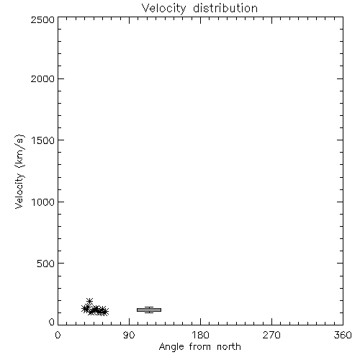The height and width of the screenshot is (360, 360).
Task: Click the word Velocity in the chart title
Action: pyautogui.click(x=163, y=9)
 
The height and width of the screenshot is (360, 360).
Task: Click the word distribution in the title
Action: pyautogui.click(x=225, y=8)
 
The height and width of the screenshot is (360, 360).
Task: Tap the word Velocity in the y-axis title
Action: pyautogui.click(x=19, y=191)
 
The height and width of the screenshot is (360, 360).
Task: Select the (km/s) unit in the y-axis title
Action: pyautogui.click(x=19, y=151)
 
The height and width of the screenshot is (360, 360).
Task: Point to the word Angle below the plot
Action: pyautogui.click(x=171, y=347)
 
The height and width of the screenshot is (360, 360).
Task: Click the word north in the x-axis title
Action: pyautogui.click(x=229, y=346)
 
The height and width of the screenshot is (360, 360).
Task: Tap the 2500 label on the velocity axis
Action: pyautogui.click(x=42, y=19)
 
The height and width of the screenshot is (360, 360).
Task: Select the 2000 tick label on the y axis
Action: pyautogui.click(x=42, y=78)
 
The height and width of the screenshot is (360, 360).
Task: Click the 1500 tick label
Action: pyautogui.click(x=43, y=140)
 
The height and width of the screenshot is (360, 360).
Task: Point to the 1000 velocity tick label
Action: pyautogui.click(x=43, y=202)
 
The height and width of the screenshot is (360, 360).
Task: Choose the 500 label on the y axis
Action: pyautogui.click(x=46, y=264)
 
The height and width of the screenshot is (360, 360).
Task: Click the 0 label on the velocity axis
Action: pyautogui.click(x=52, y=322)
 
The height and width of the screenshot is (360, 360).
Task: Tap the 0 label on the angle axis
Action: pyautogui.click(x=58, y=335)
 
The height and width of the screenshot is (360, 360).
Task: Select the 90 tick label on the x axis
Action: pyautogui.click(x=129, y=335)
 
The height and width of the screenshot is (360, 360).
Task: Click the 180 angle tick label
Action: pyautogui.click(x=200, y=335)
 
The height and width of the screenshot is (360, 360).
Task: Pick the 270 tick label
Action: pyautogui.click(x=271, y=335)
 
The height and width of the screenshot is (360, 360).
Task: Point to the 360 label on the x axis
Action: pyautogui.click(x=343, y=335)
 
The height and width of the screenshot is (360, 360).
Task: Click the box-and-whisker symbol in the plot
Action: pyautogui.click(x=149, y=310)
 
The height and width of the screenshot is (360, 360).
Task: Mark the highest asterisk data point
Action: pyautogui.click(x=89, y=301)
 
